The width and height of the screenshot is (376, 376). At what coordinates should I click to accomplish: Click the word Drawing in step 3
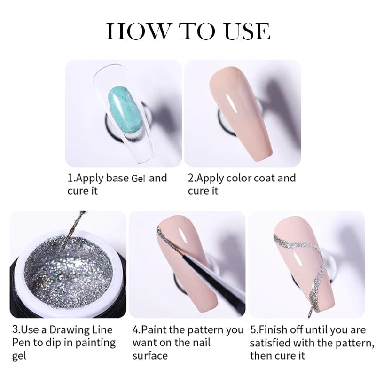pos(75,329)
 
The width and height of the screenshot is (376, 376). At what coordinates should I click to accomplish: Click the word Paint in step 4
pos(157,329)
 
